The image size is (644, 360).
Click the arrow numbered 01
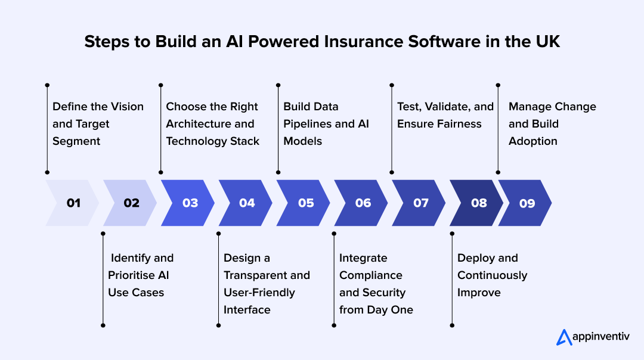[x=73, y=203]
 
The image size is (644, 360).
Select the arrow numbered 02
[x=131, y=203]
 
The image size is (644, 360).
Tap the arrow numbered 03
[x=189, y=203]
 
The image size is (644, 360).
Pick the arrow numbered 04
[x=246, y=203]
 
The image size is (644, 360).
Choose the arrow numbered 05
[x=305, y=203]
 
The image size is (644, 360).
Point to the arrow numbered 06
[x=363, y=203]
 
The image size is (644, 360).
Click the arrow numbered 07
[x=420, y=203]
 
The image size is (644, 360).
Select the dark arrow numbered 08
[x=478, y=203]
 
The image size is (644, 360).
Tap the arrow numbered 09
[x=527, y=203]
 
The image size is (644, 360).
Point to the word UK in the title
[x=547, y=42]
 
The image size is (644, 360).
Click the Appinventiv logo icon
[x=563, y=337]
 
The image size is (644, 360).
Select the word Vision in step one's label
[x=126, y=107]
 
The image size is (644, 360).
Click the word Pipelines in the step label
[x=309, y=124]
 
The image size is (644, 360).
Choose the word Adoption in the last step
[x=533, y=141]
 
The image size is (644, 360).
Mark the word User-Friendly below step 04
[x=259, y=293]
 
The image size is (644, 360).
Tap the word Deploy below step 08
[x=475, y=258]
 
